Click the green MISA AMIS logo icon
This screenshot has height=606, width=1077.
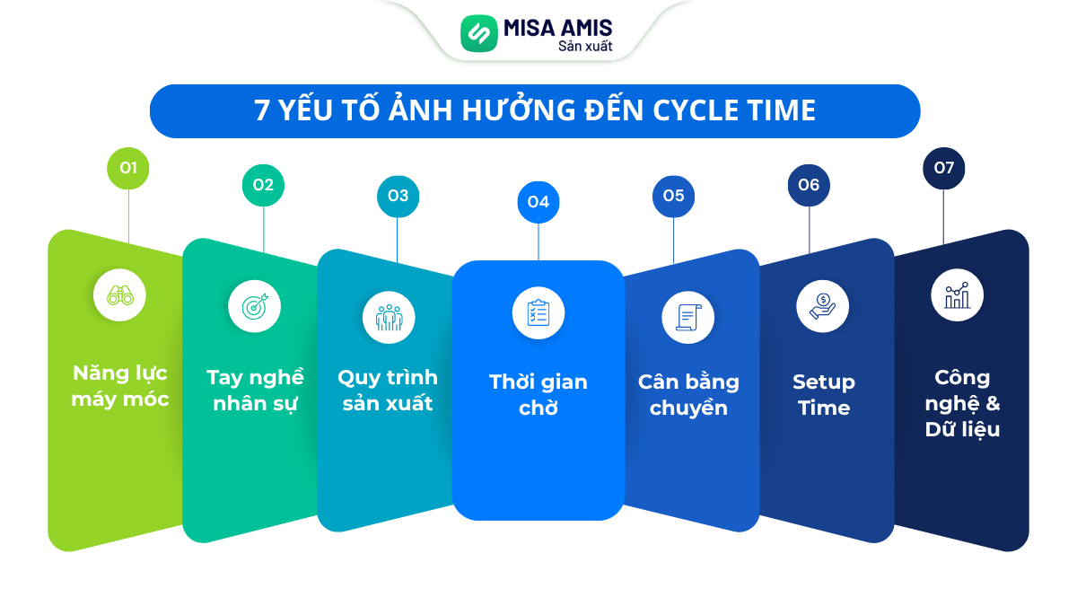(478, 33)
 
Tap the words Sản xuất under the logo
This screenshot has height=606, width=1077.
(585, 46)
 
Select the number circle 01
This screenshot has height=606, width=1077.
(128, 168)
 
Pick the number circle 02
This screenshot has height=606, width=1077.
(263, 186)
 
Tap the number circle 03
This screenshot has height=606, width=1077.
(398, 196)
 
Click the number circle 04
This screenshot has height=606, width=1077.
(538, 202)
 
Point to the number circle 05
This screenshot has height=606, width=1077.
(674, 196)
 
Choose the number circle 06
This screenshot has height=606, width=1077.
(809, 186)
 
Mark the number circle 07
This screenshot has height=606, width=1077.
(944, 168)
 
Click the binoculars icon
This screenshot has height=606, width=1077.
(120, 294)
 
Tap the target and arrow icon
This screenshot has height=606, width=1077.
(255, 306)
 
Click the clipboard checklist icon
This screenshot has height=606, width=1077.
(538, 312)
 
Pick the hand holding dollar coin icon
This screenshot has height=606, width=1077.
(822, 306)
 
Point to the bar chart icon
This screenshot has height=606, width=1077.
(958, 294)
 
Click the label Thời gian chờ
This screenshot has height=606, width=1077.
(538, 395)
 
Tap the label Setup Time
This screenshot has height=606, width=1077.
(824, 395)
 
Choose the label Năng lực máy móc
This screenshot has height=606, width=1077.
(120, 386)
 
